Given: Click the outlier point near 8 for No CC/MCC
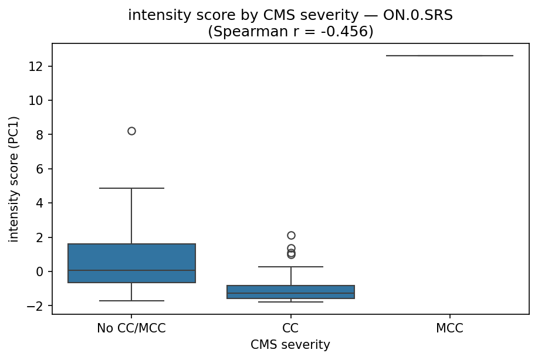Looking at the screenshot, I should click(x=131, y=131).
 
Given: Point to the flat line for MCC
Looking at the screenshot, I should click(x=449, y=56).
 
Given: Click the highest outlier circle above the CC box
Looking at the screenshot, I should click(x=291, y=235).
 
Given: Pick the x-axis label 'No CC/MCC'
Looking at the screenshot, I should click(x=131, y=328).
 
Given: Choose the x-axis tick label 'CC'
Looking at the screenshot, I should click(x=291, y=328).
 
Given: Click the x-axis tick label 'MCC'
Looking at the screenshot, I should click(x=449, y=328).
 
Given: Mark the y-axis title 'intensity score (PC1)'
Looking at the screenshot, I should click(x=13, y=178).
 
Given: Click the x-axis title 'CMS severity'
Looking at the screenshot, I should click(x=290, y=345).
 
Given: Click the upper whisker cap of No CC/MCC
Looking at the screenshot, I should click(x=131, y=188).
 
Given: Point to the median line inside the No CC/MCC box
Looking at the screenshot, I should click(x=131, y=270).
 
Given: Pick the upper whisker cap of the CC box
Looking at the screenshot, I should click(x=291, y=267).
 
